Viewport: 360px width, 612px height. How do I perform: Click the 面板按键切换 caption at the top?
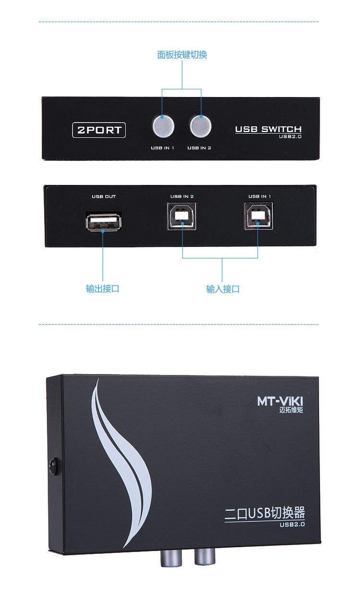tap(182, 55)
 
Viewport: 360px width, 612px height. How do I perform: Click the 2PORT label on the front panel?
tap(99, 130)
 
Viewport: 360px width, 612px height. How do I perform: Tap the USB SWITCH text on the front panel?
tap(268, 129)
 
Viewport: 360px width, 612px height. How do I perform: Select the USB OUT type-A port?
tap(103, 222)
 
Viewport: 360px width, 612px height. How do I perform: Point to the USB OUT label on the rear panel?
tap(104, 196)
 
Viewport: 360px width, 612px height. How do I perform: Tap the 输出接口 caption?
tap(102, 289)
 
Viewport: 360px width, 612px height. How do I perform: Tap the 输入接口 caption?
tap(223, 289)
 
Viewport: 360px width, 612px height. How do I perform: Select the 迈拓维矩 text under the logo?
tap(291, 410)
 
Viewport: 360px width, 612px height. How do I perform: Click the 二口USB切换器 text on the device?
tap(265, 514)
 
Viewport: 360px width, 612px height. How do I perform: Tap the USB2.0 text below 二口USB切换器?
tap(292, 525)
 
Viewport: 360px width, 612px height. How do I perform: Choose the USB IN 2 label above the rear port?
tap(181, 196)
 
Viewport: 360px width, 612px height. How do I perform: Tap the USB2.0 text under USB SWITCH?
tap(290, 136)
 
